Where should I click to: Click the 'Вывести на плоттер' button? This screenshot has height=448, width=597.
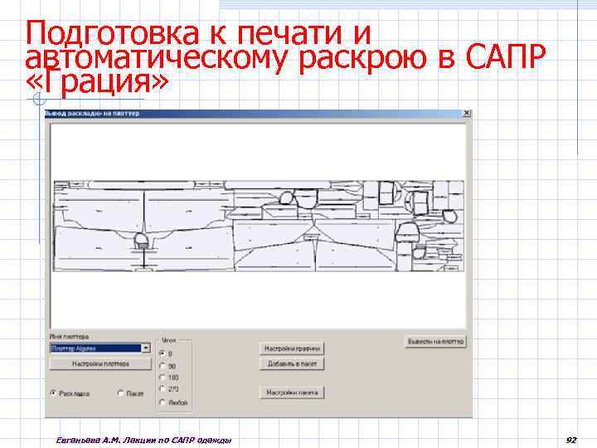(x=435, y=341)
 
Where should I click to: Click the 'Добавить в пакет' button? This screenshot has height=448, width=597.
(x=292, y=363)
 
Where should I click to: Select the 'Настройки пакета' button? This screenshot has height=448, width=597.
(x=292, y=392)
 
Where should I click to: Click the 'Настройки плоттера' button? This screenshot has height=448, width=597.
(x=100, y=363)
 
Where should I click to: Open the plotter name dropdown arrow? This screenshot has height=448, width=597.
(x=147, y=348)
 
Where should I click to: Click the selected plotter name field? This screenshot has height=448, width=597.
(x=95, y=348)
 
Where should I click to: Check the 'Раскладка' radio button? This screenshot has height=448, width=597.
(x=53, y=392)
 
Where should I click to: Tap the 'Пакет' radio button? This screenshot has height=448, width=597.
(x=120, y=392)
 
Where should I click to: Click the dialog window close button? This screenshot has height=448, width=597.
(x=467, y=113)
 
